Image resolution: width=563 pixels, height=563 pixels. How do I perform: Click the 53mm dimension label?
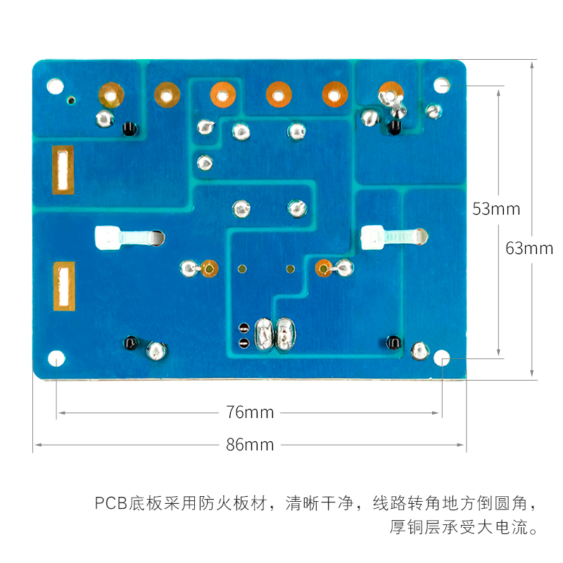point(496,209)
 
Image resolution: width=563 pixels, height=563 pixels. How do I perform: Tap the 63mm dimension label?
point(529,248)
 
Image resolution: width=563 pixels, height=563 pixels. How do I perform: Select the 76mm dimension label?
point(250,412)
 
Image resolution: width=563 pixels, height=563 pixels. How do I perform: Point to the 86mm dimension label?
point(250,445)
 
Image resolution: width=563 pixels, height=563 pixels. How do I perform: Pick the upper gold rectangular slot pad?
point(63,170)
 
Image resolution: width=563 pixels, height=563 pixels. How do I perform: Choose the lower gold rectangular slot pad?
point(63,286)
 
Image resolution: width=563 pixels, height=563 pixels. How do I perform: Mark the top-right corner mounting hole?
point(441,85)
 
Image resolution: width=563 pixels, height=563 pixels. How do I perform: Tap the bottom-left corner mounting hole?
point(56,359)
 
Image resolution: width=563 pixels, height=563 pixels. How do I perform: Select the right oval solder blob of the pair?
point(284,334)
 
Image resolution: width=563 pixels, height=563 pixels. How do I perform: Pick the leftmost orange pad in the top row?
point(110,92)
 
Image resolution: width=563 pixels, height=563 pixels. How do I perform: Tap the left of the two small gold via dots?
point(242,268)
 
